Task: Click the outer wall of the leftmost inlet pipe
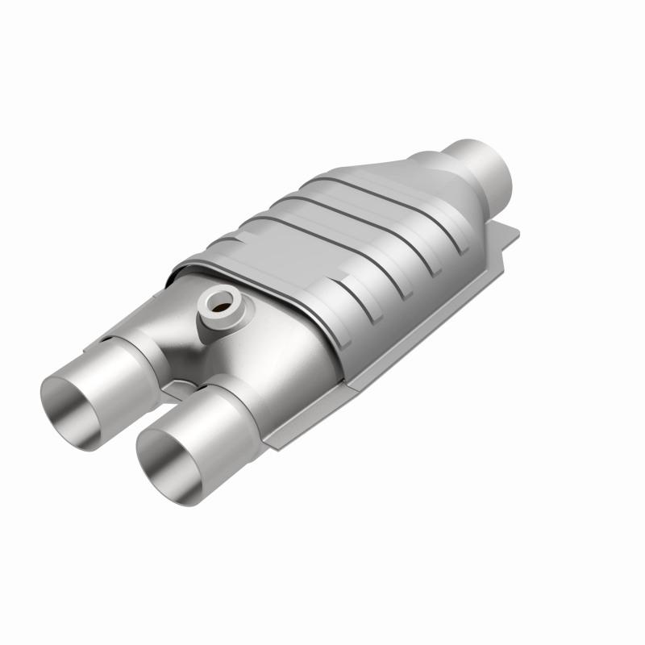pos(121,363)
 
